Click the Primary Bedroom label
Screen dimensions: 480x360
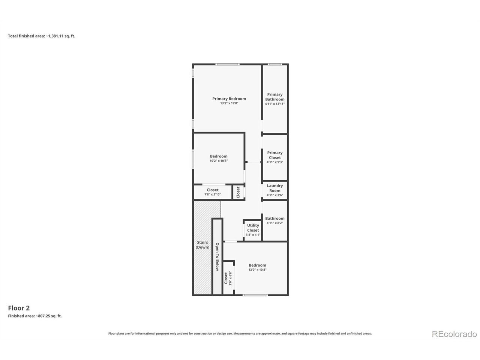pyautogui.click(x=229, y=99)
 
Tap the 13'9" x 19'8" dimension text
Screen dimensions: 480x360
pyautogui.click(x=229, y=103)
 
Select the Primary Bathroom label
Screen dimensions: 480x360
pyautogui.click(x=274, y=97)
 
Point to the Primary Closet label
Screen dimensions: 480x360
pyautogui.click(x=274, y=155)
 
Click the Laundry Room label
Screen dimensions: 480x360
pyautogui.click(x=274, y=188)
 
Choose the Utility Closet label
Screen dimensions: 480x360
pyautogui.click(x=253, y=228)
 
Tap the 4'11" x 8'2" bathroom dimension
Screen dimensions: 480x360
pyautogui.click(x=274, y=223)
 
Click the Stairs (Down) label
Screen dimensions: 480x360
pyautogui.click(x=202, y=244)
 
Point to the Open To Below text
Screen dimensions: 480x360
pyautogui.click(x=217, y=256)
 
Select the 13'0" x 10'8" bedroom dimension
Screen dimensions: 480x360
pyautogui.click(x=257, y=270)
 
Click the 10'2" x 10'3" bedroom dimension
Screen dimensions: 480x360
pyautogui.click(x=219, y=160)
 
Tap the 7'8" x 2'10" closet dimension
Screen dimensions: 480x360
pyautogui.click(x=212, y=194)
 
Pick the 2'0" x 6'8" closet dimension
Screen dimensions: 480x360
pyautogui.click(x=230, y=278)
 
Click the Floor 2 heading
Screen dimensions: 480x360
pyautogui.click(x=19, y=308)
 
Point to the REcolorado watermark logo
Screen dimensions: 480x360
pyautogui.click(x=454, y=334)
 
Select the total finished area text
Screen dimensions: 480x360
pyautogui.click(x=42, y=36)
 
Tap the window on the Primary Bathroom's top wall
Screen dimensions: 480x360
pyautogui.click(x=275, y=64)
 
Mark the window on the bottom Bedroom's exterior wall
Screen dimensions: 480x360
pyautogui.click(x=255, y=295)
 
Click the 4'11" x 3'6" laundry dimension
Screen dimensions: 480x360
pyautogui.click(x=274, y=195)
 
